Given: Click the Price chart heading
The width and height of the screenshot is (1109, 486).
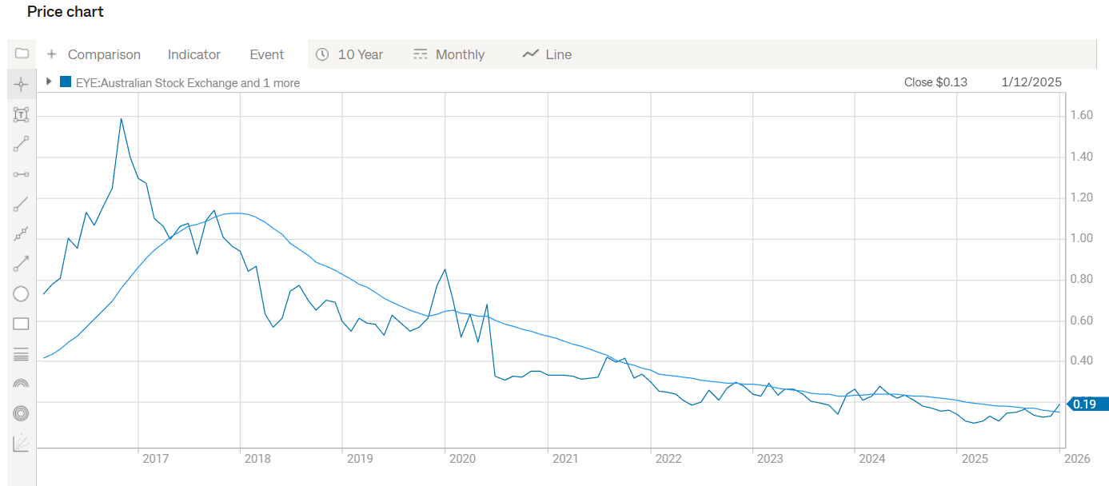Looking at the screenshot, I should (66, 12).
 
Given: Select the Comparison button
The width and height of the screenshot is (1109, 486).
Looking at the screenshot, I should (94, 54).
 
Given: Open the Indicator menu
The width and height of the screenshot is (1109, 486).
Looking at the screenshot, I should (193, 54).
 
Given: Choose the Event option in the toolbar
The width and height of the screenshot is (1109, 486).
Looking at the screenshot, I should (267, 54).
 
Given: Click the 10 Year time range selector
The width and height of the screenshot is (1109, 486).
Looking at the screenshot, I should (349, 54).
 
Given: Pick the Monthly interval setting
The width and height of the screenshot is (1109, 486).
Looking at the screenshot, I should (449, 54).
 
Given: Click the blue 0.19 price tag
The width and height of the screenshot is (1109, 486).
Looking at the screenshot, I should (1085, 404).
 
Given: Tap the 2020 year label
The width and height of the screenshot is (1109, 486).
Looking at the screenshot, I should (462, 459).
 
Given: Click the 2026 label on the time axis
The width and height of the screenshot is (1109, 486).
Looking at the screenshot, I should (1077, 459).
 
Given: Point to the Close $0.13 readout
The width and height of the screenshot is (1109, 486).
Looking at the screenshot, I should (935, 82).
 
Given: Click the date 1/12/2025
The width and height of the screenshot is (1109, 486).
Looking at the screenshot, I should (1031, 82).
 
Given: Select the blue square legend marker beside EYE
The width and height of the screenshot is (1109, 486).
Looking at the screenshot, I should (66, 82).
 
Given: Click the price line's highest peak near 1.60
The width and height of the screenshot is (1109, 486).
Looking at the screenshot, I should (121, 118).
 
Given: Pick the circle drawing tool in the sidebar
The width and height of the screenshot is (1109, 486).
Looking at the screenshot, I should (22, 294).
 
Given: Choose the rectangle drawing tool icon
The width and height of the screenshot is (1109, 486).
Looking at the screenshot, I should (22, 324).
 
